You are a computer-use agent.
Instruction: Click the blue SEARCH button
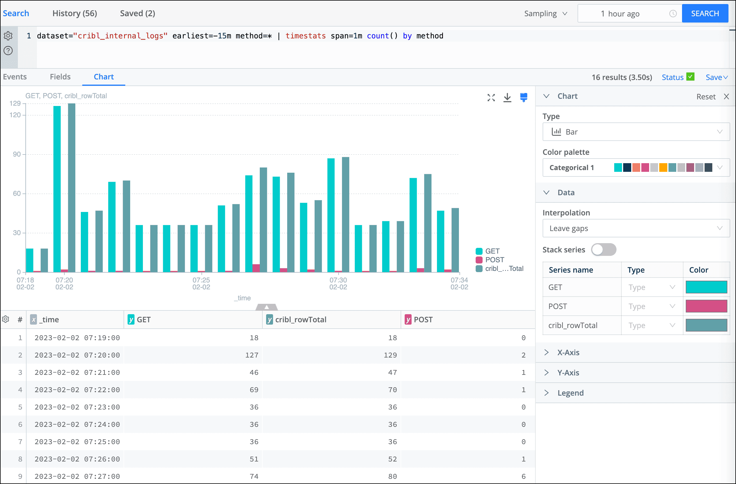click(x=705, y=14)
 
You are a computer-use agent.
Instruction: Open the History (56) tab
click(x=74, y=13)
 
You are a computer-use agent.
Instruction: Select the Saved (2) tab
click(x=137, y=13)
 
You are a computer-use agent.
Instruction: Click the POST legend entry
click(x=494, y=260)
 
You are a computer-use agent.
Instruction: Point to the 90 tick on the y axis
click(x=17, y=154)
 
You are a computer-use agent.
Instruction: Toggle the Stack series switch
click(x=603, y=250)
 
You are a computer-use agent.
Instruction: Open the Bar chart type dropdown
click(x=636, y=132)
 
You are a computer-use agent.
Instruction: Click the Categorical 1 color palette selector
click(x=636, y=168)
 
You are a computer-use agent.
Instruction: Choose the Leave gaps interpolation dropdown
click(x=636, y=228)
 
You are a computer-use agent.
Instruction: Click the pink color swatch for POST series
click(x=706, y=306)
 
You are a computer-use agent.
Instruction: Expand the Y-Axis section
click(x=568, y=373)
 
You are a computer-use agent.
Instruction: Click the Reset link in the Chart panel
click(x=706, y=96)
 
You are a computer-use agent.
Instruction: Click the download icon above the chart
click(x=507, y=98)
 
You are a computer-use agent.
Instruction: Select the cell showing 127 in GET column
click(x=251, y=355)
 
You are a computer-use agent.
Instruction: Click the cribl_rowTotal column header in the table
click(x=300, y=319)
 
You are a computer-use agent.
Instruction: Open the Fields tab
click(x=60, y=77)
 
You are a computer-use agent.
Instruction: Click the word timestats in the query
click(x=305, y=36)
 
